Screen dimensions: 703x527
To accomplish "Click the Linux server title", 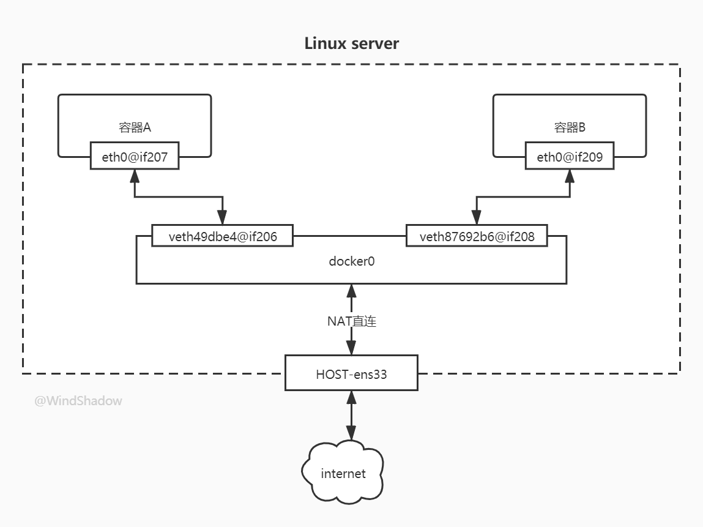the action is (x=351, y=43).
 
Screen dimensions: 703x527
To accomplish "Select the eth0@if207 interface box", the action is (x=135, y=155).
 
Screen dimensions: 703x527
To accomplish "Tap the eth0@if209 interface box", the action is (x=570, y=155).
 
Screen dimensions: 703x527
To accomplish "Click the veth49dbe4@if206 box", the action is (x=222, y=236).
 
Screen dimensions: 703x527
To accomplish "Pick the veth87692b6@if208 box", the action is (x=477, y=236).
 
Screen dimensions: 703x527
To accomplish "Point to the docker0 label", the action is (x=351, y=261).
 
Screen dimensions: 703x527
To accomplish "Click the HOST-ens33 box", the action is (x=351, y=373).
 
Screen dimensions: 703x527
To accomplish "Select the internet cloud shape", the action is (x=343, y=472).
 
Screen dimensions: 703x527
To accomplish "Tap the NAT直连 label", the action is (x=351, y=321).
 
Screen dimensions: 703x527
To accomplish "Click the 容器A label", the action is (x=135, y=127).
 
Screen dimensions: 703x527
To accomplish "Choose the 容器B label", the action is (x=570, y=127).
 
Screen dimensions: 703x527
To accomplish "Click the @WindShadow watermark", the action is (x=78, y=401).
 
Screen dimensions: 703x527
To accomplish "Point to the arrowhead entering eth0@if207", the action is (x=135, y=176).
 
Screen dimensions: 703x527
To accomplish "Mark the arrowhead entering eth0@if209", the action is (x=570, y=176).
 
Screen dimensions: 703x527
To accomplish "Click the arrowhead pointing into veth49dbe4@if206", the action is (x=222, y=217).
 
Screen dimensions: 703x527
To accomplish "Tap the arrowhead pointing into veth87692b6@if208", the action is (x=477, y=217).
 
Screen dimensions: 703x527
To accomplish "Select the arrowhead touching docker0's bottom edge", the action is (x=351, y=291).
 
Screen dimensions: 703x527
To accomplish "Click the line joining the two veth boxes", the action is (x=350, y=236).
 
